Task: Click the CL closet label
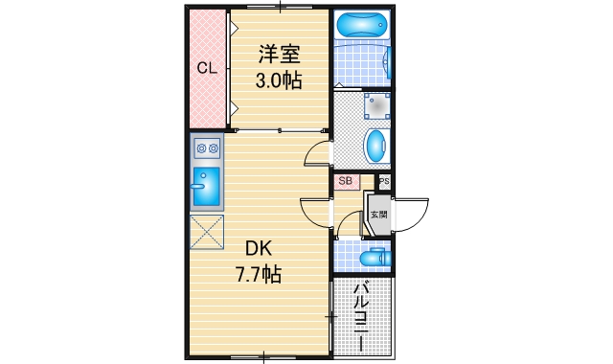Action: pyautogui.click(x=206, y=68)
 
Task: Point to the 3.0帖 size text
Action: pyautogui.click(x=278, y=80)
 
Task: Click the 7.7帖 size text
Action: pyautogui.click(x=258, y=275)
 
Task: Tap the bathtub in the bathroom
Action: pyautogui.click(x=363, y=24)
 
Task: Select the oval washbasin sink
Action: pyautogui.click(x=376, y=148)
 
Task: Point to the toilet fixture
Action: pyautogui.click(x=371, y=257)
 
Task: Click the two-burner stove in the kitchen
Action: pyautogui.click(x=206, y=148)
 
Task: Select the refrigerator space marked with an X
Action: pyautogui.click(x=206, y=231)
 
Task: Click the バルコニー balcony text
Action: pyautogui.click(x=362, y=317)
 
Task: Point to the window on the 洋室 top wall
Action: pyautogui.click(x=278, y=8)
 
